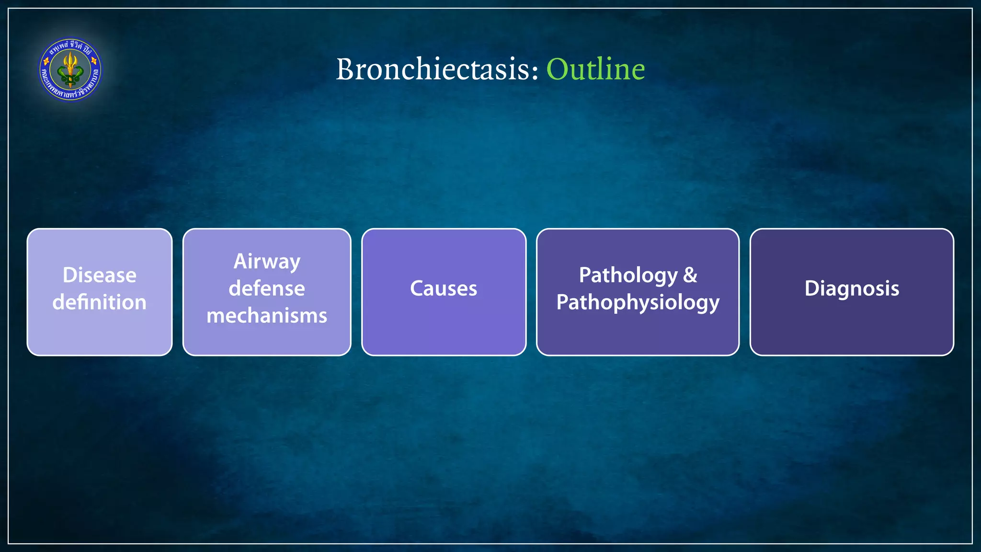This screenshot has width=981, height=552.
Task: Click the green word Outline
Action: tap(595, 69)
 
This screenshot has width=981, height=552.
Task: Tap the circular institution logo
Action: tap(70, 70)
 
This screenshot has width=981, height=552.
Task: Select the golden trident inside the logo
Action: tap(70, 68)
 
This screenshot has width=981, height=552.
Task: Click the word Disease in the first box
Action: tap(100, 276)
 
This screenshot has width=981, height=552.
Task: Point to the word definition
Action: tap(100, 302)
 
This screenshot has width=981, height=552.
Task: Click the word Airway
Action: tap(267, 262)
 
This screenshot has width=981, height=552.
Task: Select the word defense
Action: tap(267, 288)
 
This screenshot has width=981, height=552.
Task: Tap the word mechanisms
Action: tap(267, 316)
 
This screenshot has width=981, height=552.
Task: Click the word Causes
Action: tap(444, 288)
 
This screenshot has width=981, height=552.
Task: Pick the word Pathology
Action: tap(628, 276)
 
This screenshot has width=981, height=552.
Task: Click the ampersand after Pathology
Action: tap(690, 276)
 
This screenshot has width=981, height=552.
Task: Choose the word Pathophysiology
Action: tap(638, 302)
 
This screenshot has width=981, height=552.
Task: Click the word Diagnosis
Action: tap(852, 288)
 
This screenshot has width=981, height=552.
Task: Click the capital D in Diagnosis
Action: tap(811, 288)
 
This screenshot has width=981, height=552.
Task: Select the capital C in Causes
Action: tap(417, 288)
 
